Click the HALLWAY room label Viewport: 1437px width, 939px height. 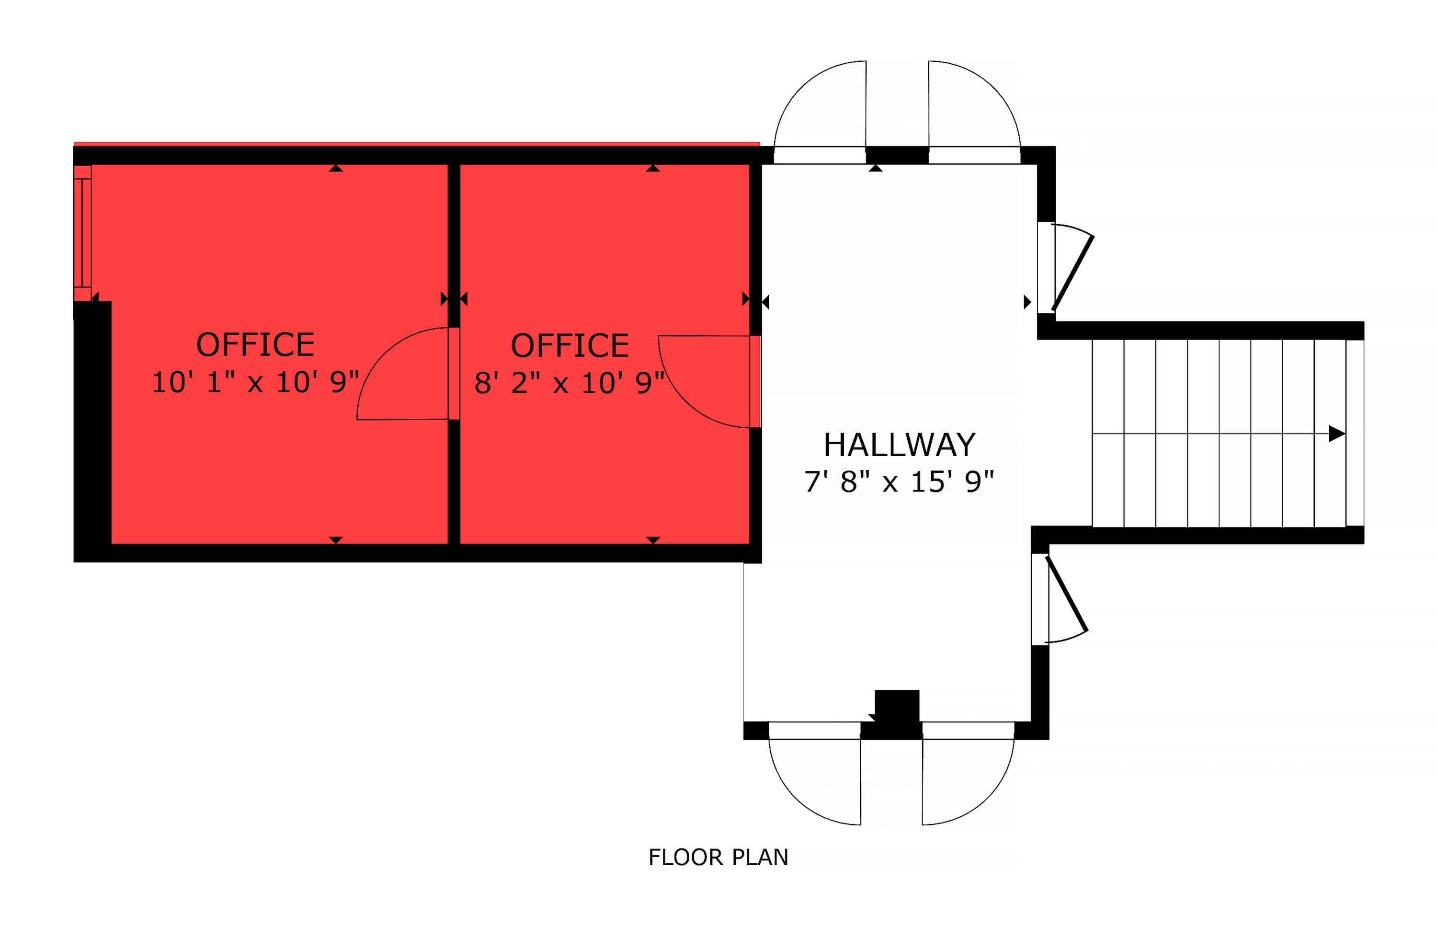(899, 445)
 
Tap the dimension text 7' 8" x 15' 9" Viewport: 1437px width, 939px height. (899, 482)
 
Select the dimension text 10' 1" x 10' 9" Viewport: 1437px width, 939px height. (255, 382)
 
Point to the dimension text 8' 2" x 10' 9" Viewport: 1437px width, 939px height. (570, 383)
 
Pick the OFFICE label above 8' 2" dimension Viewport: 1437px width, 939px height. (570, 345)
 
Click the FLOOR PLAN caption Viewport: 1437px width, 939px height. (718, 858)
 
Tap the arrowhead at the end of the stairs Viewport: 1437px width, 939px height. (1337, 434)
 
